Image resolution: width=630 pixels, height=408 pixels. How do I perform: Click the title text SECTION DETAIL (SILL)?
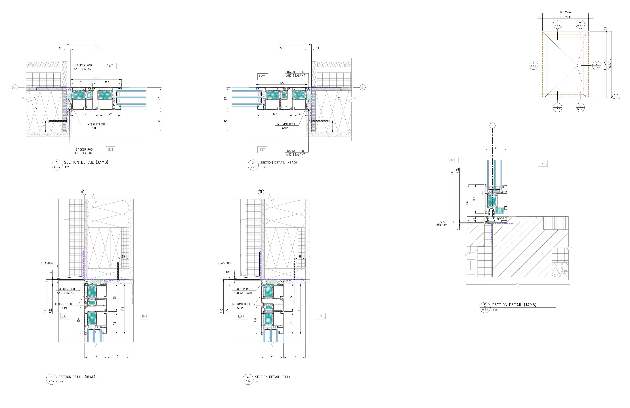(x=272, y=377)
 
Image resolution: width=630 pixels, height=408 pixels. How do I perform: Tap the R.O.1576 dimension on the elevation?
(x=565, y=12)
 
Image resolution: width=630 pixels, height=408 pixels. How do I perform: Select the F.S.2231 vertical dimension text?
(x=605, y=65)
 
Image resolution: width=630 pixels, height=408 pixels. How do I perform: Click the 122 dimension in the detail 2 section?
(x=275, y=114)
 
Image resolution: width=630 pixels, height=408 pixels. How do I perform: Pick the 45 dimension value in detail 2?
(x=300, y=114)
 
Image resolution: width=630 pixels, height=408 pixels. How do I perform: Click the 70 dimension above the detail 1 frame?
(x=81, y=82)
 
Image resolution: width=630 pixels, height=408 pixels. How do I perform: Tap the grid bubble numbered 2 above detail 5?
(x=492, y=126)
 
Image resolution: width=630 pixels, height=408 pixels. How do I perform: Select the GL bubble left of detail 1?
(x=15, y=87)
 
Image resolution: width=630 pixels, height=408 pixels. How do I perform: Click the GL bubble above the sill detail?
(x=261, y=192)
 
